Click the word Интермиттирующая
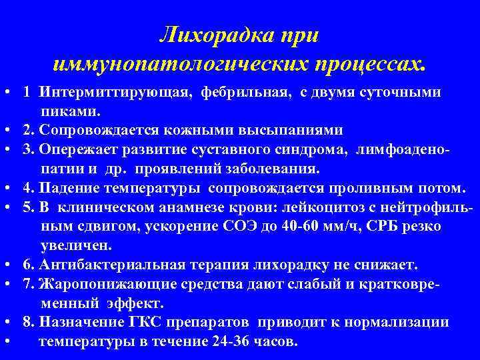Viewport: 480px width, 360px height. (113, 91)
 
